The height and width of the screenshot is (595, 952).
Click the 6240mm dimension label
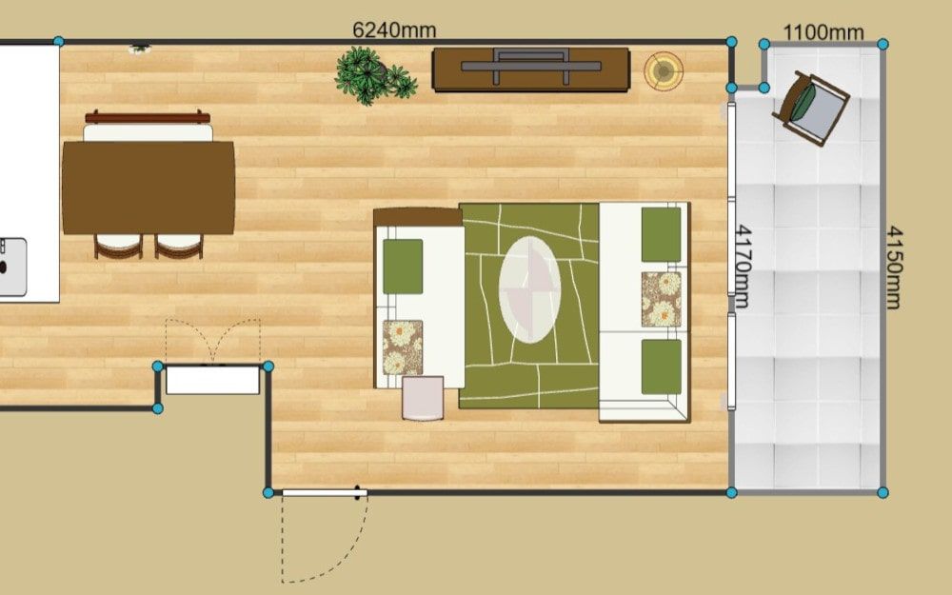(394, 30)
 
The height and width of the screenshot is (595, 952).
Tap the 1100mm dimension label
(823, 31)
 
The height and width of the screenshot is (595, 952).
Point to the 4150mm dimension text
(894, 268)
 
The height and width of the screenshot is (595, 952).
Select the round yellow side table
(664, 71)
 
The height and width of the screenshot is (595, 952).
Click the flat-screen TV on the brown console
(530, 65)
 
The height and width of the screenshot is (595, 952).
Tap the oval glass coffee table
(529, 289)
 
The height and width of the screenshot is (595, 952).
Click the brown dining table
(149, 188)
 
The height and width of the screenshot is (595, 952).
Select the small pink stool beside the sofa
(423, 398)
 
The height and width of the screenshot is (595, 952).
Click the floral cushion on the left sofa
(402, 347)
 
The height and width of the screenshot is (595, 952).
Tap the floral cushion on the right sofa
(662, 299)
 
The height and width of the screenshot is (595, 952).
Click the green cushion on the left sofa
(403, 266)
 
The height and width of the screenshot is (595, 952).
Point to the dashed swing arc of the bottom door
(340, 559)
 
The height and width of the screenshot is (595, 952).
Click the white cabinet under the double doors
(212, 380)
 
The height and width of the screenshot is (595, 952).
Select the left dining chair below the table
(118, 246)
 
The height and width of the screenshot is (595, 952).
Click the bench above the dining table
(148, 126)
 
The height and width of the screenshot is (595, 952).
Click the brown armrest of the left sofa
(418, 217)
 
